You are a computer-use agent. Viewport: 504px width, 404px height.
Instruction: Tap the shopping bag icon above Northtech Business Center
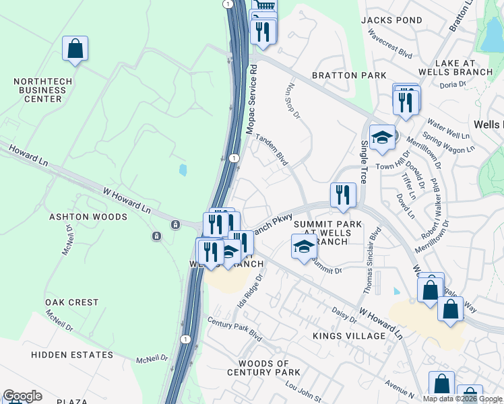pyautogui.click(x=75, y=49)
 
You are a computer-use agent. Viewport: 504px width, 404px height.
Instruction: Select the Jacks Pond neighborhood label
pyautogui.click(x=391, y=20)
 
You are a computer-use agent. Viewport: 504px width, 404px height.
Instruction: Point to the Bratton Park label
pyautogui.click(x=349, y=75)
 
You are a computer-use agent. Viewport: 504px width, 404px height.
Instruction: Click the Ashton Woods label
pyautogui.click(x=88, y=217)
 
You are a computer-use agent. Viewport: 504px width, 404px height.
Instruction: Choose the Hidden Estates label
pyautogui.click(x=72, y=355)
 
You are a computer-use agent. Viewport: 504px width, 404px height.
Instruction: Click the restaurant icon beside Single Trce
pyautogui.click(x=343, y=195)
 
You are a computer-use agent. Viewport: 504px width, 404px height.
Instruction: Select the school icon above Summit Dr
pyautogui.click(x=304, y=246)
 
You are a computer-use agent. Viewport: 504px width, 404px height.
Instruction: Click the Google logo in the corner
pyautogui.click(x=22, y=396)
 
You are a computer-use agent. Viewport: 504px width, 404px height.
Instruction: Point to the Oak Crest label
pyautogui.click(x=71, y=302)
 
